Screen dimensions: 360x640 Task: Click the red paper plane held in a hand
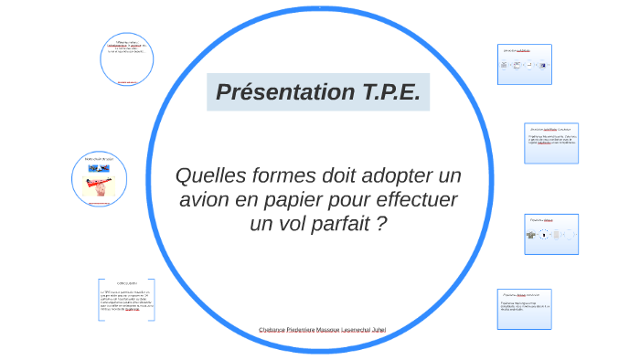click(x=99, y=182)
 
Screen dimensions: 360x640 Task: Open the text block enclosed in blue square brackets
click(x=126, y=299)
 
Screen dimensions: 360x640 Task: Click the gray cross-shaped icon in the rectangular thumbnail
click(x=530, y=235)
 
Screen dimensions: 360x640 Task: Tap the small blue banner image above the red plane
click(x=99, y=165)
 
